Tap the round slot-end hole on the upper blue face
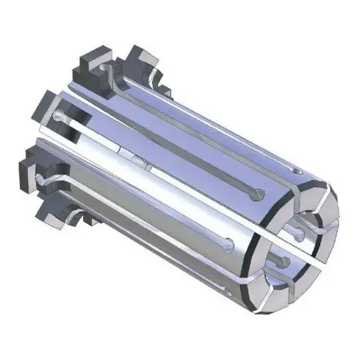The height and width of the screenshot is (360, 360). click(x=255, y=195)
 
